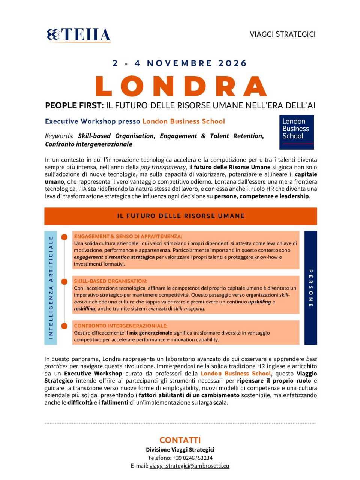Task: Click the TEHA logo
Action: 78,35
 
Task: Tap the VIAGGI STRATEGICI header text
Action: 282,34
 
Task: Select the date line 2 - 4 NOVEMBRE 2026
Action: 180,63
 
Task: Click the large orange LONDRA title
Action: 181,86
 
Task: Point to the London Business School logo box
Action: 296,132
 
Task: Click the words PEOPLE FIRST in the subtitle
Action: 74,105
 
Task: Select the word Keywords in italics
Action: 58,136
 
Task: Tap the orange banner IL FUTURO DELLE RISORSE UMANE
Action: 181,216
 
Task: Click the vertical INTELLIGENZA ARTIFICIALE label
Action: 51,287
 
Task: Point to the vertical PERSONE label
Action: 310,288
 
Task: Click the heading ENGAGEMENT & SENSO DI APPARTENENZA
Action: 128,236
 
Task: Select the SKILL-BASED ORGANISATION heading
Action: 111,281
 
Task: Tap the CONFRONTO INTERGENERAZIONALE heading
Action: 120,325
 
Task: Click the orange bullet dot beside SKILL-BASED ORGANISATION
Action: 64,282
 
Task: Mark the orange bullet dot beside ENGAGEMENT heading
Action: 64,237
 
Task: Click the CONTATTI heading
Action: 180,440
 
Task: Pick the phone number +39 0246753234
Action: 192,458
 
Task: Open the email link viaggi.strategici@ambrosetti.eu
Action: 189,466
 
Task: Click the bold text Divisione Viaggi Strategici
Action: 180,450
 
